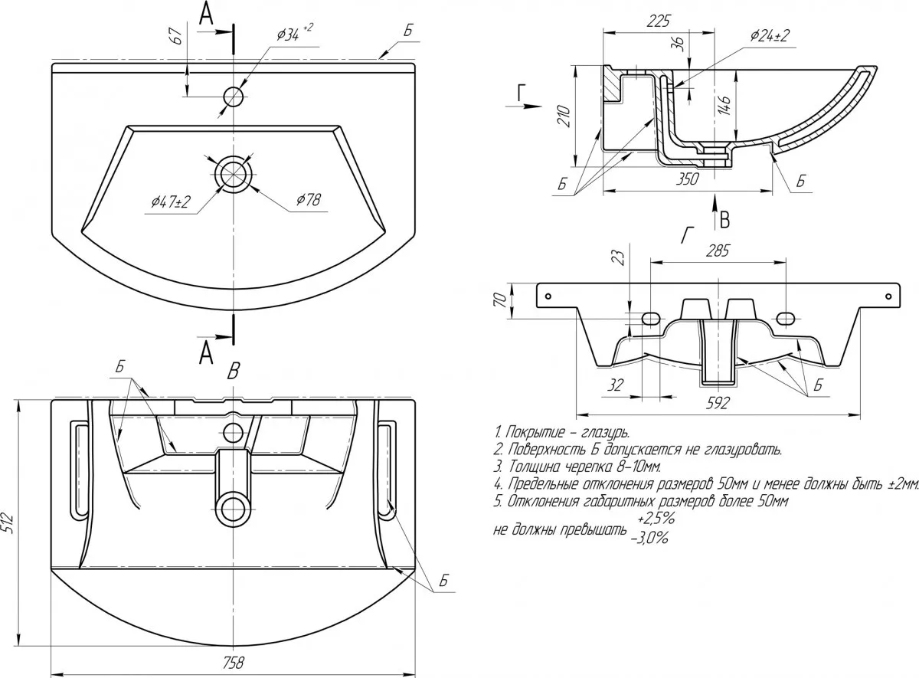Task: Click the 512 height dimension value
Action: click(x=8, y=522)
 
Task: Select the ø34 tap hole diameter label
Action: click(x=292, y=32)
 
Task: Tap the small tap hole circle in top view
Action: click(x=233, y=97)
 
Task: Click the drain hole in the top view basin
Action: click(x=233, y=174)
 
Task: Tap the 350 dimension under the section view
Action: click(x=687, y=179)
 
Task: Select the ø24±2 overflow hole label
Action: click(x=770, y=35)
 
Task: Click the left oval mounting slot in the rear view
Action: click(x=650, y=317)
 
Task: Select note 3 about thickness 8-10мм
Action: click(x=577, y=466)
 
